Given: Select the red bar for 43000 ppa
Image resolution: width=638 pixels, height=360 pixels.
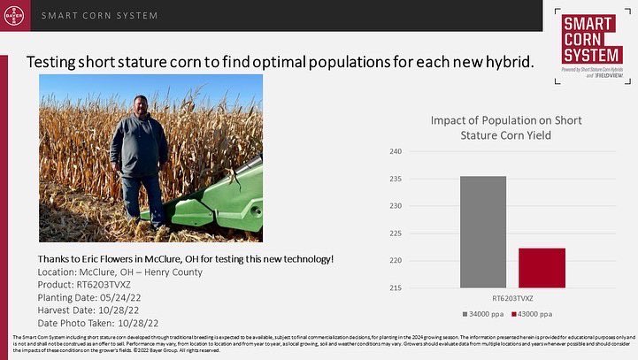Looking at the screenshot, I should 542,267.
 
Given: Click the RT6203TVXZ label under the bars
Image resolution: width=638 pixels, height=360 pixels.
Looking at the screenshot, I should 513,299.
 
